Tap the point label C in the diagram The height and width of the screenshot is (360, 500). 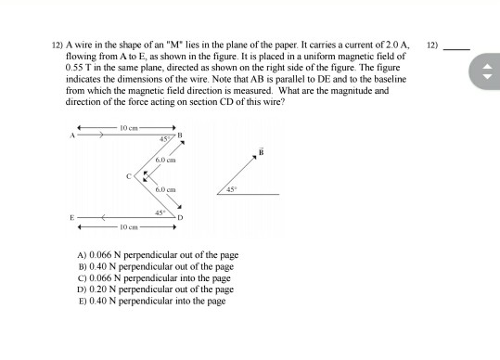coord(129,174)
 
